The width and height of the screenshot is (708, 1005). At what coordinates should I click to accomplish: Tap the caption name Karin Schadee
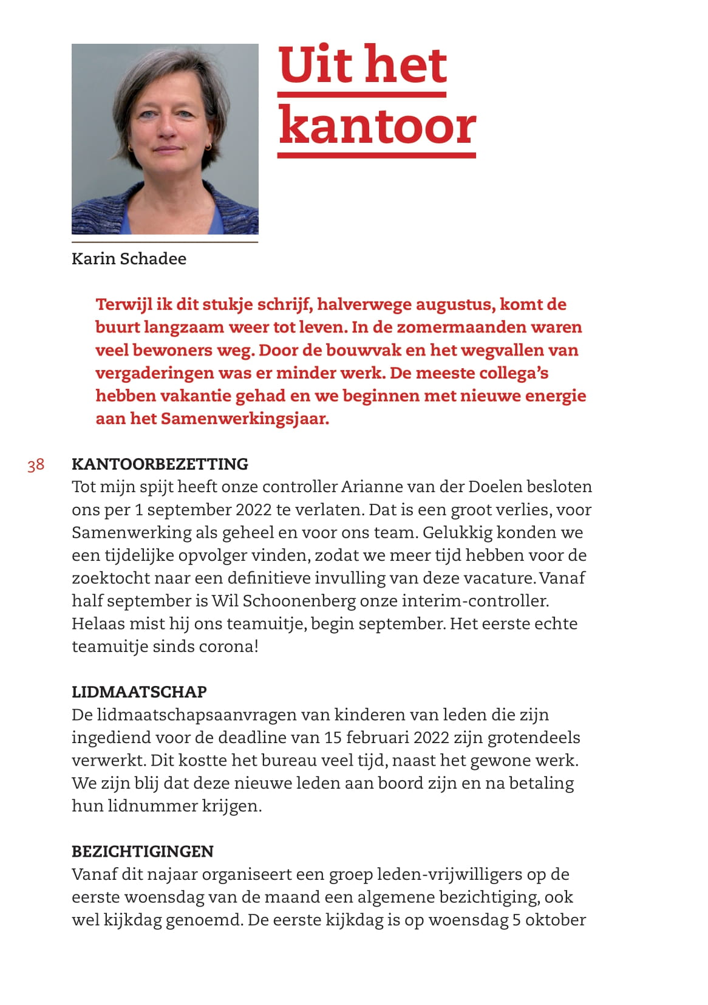(x=129, y=258)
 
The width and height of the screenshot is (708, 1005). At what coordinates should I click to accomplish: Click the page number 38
(x=36, y=465)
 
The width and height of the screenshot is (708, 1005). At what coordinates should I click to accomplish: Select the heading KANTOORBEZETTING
(x=160, y=464)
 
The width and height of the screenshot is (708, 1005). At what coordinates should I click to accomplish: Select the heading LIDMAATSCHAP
(x=139, y=691)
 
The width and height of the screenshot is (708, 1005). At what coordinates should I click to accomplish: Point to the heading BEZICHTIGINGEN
(x=143, y=851)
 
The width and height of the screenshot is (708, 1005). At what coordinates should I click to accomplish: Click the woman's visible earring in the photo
(x=208, y=146)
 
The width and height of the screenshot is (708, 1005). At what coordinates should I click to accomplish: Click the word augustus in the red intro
(x=454, y=304)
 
